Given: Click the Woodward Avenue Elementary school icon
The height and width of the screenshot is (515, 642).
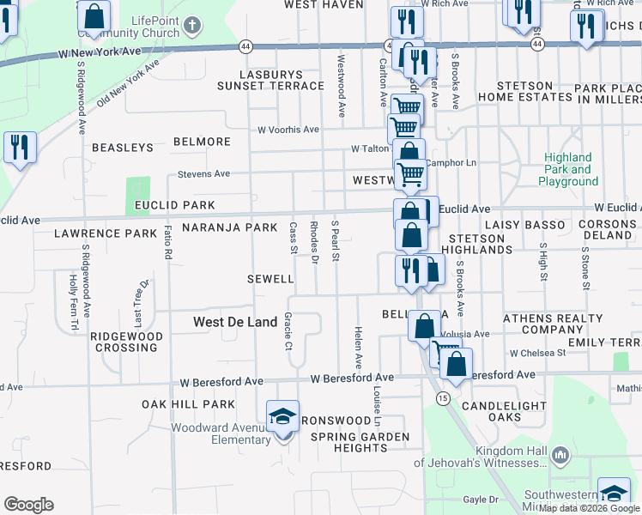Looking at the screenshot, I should [282, 417].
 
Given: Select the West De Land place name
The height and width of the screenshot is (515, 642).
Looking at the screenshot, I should [234, 322].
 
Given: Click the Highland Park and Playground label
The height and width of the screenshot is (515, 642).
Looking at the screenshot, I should [568, 169].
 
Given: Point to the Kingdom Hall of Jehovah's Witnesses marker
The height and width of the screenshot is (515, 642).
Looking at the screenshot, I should [560, 453].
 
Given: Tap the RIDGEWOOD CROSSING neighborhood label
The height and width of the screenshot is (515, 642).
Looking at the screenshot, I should [126, 342].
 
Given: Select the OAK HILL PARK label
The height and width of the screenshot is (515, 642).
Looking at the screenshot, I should [188, 404].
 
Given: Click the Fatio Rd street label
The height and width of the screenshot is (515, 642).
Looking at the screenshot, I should [168, 243].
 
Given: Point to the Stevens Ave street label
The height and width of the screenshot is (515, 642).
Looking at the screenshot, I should [203, 174].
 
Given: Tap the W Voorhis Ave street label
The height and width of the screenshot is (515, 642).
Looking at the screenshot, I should [288, 130].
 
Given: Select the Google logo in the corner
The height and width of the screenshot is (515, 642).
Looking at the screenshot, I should [28, 505].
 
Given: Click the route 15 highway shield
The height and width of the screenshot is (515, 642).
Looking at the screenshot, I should [442, 398].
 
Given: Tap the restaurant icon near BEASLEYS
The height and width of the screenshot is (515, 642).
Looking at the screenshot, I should [18, 147].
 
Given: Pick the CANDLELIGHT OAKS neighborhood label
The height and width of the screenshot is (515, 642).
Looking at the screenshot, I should [504, 411].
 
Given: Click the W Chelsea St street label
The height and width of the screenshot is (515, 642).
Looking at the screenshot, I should [537, 353].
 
